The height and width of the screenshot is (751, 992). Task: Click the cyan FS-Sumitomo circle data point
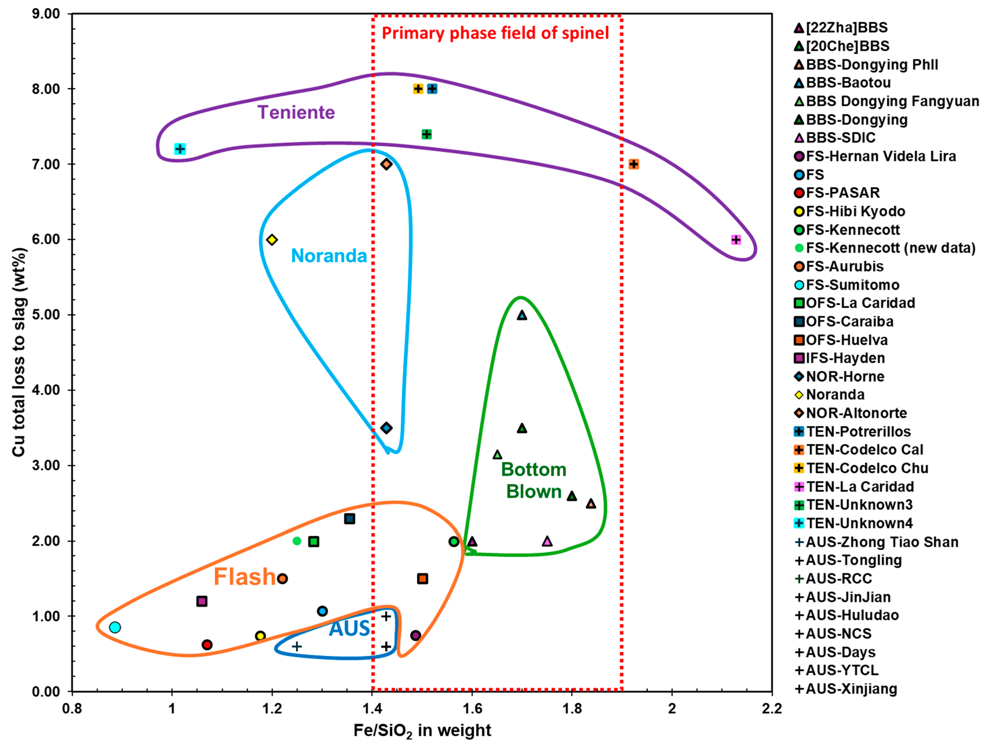tap(115, 627)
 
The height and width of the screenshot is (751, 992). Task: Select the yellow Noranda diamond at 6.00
tap(272, 240)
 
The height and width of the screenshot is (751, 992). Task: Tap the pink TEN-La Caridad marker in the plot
tap(736, 240)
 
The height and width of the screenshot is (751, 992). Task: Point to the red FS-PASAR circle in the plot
tap(207, 645)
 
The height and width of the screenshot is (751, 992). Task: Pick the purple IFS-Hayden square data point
tap(202, 601)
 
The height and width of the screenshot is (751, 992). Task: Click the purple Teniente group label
tap(296, 112)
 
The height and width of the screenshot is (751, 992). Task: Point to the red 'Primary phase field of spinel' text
tap(495, 33)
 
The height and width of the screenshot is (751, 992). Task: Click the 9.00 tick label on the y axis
tap(46, 14)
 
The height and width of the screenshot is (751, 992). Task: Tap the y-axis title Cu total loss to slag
tap(19, 352)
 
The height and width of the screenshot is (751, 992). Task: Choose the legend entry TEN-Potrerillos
tap(858, 431)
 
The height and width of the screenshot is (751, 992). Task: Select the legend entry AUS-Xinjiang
tap(851, 689)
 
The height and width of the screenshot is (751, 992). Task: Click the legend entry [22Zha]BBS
tap(846, 27)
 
